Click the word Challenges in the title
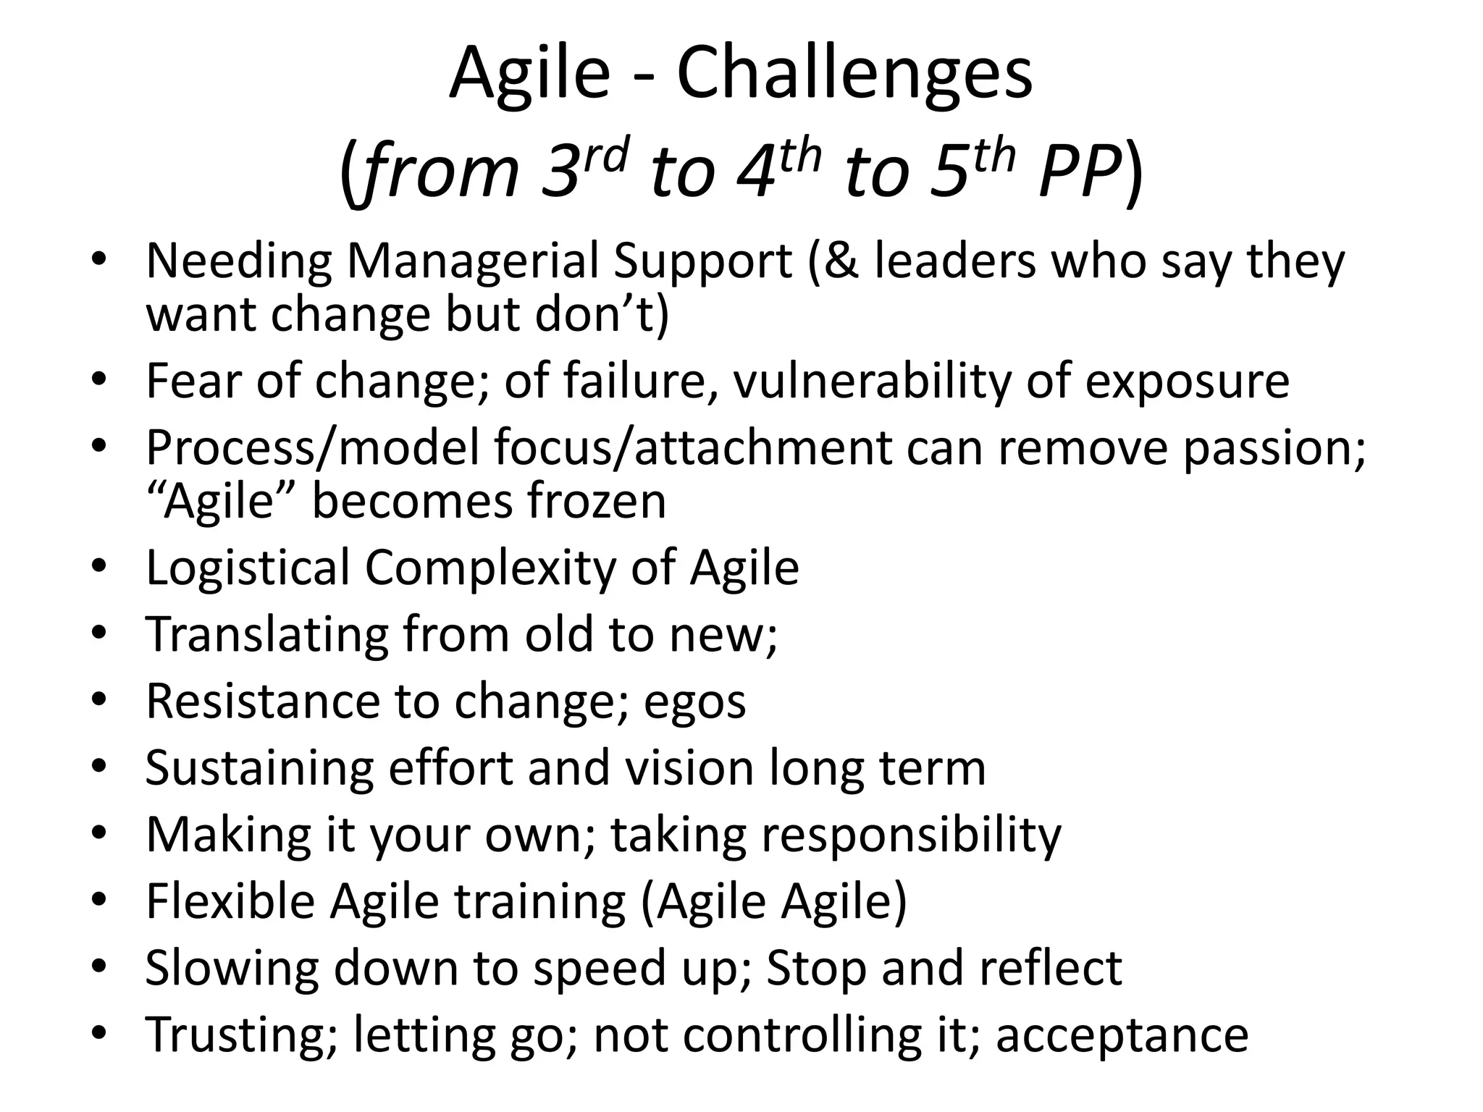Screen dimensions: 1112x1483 click(x=854, y=74)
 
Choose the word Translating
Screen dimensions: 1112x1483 click(x=266, y=634)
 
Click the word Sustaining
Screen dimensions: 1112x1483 click(x=259, y=768)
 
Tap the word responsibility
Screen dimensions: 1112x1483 click(x=911, y=835)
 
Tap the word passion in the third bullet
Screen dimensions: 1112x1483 click(x=1274, y=448)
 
